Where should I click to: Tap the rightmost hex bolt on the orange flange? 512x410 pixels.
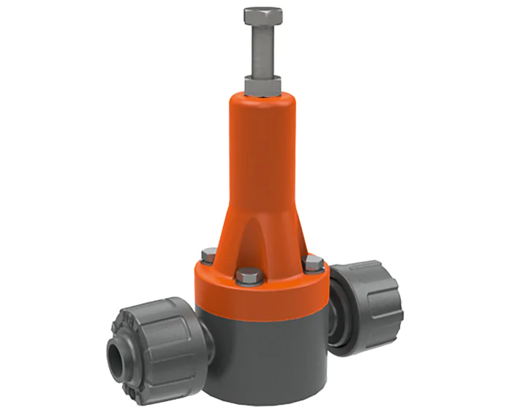314,262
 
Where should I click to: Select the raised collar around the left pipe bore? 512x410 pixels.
121,356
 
